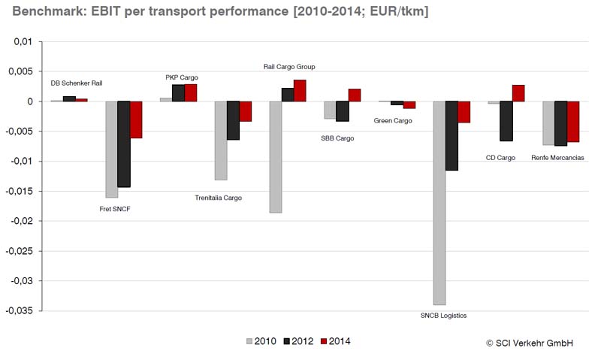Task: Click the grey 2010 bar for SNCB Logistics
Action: click(439, 203)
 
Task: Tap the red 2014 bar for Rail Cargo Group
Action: click(300, 90)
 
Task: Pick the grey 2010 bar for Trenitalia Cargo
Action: click(221, 141)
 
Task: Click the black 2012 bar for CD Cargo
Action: click(506, 121)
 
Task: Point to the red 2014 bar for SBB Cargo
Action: click(355, 95)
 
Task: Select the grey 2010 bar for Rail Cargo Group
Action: click(276, 157)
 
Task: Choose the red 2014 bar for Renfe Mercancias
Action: click(573, 122)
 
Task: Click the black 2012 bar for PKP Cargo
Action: click(178, 92)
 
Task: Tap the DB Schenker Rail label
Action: click(76, 83)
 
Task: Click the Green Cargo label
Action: click(393, 121)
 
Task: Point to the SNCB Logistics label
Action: click(443, 316)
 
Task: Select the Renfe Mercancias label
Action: click(557, 158)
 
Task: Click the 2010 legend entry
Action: click(259, 341)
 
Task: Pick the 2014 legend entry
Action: click(335, 341)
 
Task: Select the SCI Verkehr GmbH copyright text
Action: click(530, 343)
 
